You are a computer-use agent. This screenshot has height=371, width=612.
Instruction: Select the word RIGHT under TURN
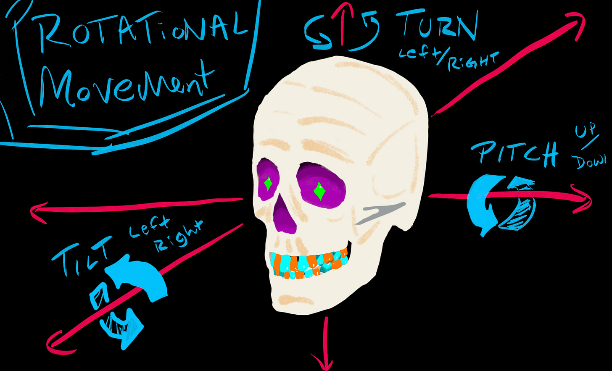click(467, 63)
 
